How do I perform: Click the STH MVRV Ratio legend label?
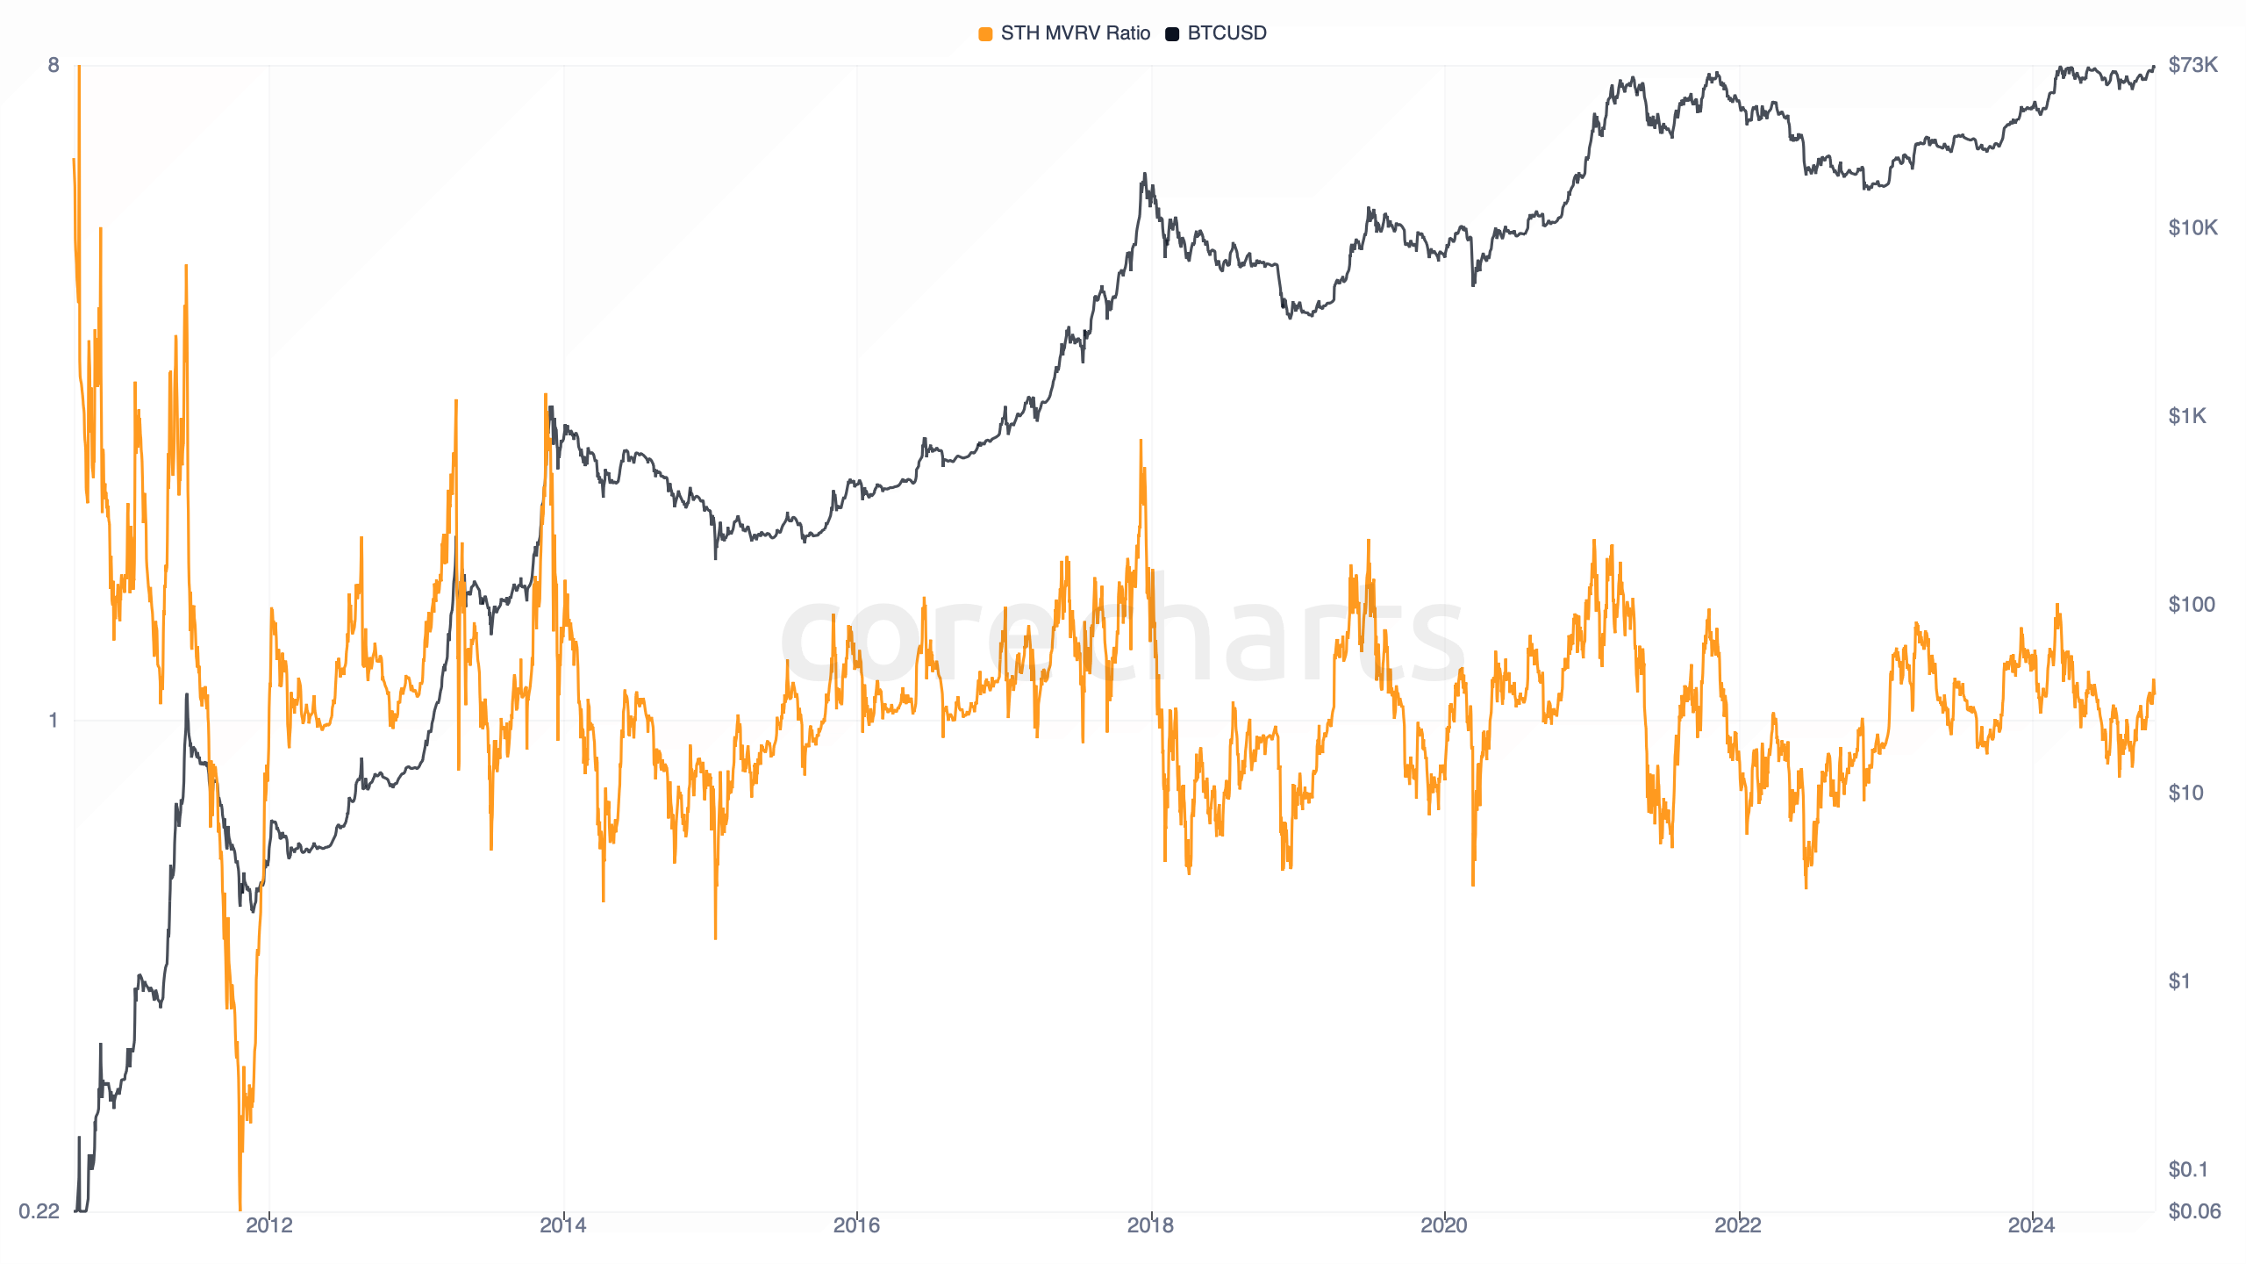(x=1075, y=33)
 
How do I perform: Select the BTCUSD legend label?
(x=1227, y=33)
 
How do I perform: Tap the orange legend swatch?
(x=985, y=34)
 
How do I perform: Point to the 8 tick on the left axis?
(x=54, y=65)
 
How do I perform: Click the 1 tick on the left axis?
(x=54, y=721)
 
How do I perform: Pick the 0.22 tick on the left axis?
(x=39, y=1211)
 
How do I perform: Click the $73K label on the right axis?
(x=2192, y=65)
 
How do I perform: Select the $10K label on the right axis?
(x=2192, y=228)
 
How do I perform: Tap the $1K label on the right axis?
(x=2186, y=416)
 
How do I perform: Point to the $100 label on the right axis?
(x=2191, y=605)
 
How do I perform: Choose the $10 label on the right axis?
(x=2185, y=794)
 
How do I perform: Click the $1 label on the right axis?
(x=2179, y=981)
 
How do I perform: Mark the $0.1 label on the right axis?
(x=2187, y=1169)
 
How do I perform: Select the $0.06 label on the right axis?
(x=2193, y=1211)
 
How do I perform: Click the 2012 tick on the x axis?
(x=269, y=1225)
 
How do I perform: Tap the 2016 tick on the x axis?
(x=856, y=1225)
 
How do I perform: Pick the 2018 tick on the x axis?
(x=1150, y=1225)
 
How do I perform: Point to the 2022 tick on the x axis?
(x=1738, y=1225)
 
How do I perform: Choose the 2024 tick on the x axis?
(x=2031, y=1225)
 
